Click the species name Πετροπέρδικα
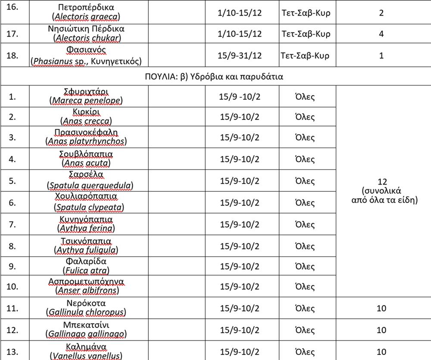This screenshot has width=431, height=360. pyautogui.click(x=86, y=8)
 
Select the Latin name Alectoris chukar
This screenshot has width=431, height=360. pyautogui.click(x=87, y=38)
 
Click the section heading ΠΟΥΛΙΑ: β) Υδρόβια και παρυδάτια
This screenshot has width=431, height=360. pyautogui.click(x=215, y=77)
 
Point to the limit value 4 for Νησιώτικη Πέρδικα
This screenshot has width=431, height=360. pyautogui.click(x=381, y=34)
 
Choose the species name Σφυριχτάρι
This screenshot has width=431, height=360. pyautogui.click(x=86, y=92)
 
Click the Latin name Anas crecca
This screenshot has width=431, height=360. pyautogui.click(x=87, y=121)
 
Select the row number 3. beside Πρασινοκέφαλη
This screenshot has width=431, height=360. pyautogui.click(x=12, y=138)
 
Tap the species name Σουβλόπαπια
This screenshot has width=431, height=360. pyautogui.click(x=86, y=154)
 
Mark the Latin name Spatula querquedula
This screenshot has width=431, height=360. pyautogui.click(x=90, y=185)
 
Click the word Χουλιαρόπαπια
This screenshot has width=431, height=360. pyautogui.click(x=86, y=197)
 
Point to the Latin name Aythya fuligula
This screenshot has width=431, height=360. pyautogui.click(x=86, y=250)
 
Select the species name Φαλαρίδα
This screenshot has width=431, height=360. pyautogui.click(x=86, y=261)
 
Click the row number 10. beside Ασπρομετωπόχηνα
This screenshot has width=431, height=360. pyautogui.click(x=14, y=286)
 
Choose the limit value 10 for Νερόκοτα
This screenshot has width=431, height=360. pyautogui.click(x=381, y=308)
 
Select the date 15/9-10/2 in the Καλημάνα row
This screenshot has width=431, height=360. pyautogui.click(x=240, y=352)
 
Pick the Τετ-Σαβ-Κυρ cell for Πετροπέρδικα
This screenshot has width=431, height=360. pyautogui.click(x=306, y=13)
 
